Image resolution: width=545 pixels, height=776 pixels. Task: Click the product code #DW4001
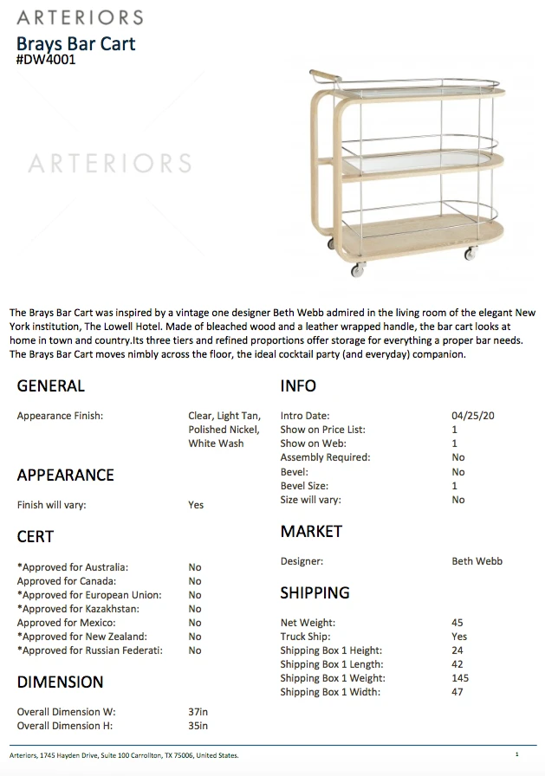coord(46,61)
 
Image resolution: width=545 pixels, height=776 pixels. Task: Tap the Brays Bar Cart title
coord(76,43)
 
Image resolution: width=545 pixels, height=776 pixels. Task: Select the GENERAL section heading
coord(51,386)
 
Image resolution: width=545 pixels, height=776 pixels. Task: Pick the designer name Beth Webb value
coord(477,561)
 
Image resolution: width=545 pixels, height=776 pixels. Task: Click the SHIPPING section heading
coord(315,593)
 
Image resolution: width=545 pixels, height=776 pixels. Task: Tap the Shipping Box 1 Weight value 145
coord(460,678)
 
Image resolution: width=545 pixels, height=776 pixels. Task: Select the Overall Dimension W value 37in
coord(198,712)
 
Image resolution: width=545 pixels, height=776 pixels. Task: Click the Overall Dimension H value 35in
coord(198,726)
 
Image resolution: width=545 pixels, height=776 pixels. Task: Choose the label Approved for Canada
coord(67,581)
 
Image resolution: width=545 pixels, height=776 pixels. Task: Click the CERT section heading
coord(36,537)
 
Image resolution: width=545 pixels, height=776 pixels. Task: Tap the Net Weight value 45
coord(457,623)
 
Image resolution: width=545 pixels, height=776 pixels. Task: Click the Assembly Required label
coord(325,457)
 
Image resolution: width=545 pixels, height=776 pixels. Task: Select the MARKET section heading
coord(311,532)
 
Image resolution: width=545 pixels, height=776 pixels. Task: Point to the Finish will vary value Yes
coord(196,505)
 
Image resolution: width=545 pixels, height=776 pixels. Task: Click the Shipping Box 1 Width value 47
coord(457,692)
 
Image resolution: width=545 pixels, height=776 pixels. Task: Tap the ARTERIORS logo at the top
coord(80,17)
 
